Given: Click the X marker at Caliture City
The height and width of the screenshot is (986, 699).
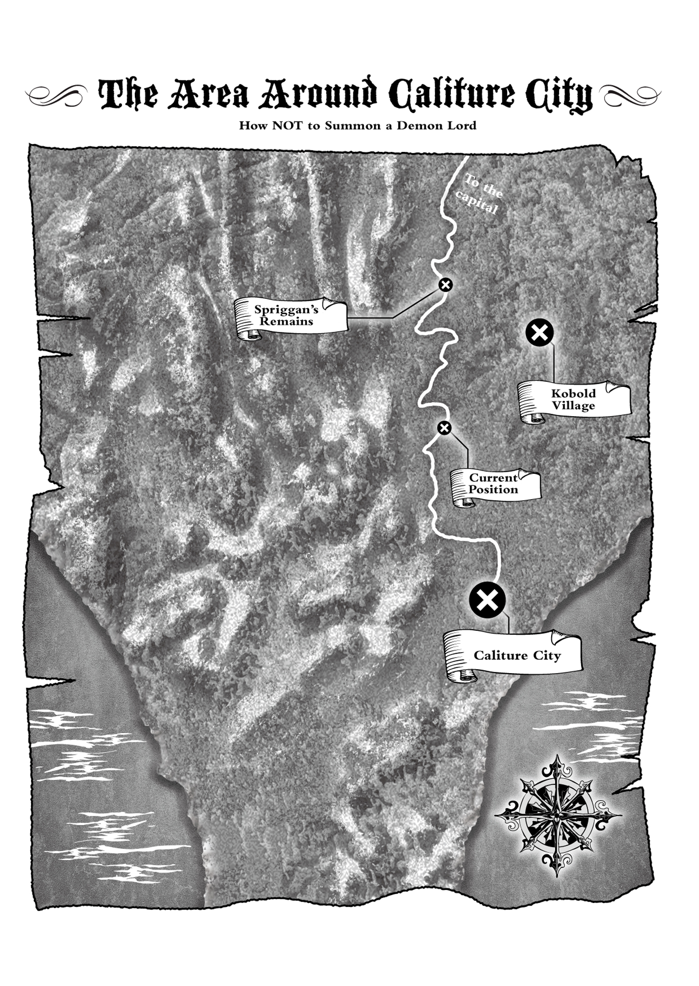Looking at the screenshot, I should [487, 600].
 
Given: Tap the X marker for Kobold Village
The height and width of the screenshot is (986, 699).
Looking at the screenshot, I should [540, 332].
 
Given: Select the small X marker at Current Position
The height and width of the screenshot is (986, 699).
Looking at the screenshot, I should [444, 428].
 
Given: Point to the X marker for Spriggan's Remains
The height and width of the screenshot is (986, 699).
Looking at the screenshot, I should [445, 285].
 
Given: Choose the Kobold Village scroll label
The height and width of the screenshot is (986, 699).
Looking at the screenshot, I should [574, 400].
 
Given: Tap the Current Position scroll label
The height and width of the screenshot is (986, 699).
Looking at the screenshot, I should [494, 484].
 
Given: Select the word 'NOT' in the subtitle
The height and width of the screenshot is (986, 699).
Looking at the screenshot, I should [287, 125].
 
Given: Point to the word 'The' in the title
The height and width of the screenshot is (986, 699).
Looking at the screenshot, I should [128, 94].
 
